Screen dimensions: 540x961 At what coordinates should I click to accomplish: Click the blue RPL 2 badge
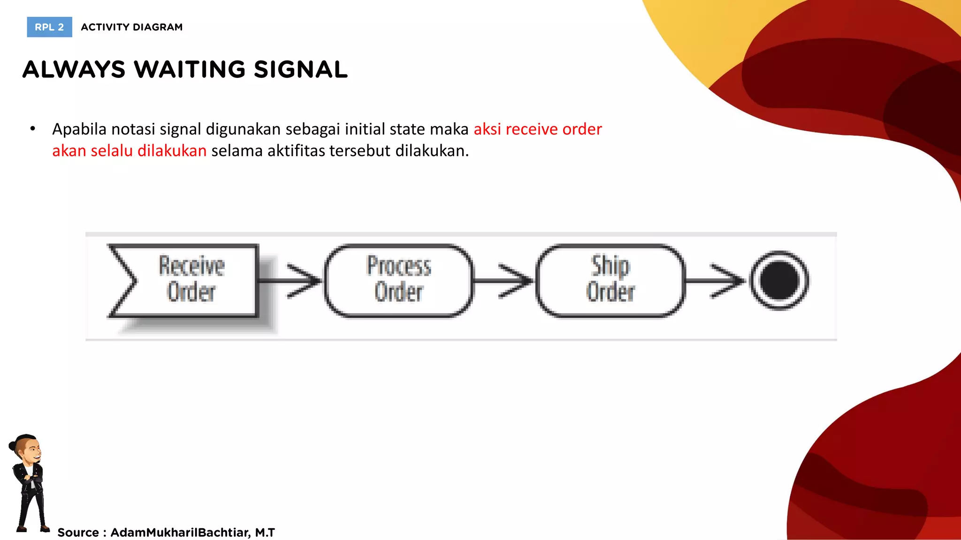point(49,27)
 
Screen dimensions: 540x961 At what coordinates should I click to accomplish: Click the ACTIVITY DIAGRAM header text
point(131,27)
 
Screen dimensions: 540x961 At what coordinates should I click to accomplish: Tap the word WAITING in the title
point(189,70)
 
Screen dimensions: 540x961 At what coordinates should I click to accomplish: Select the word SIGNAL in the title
point(300,70)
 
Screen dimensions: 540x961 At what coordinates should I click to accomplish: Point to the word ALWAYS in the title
point(74,70)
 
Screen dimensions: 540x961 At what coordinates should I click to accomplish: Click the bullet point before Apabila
point(32,129)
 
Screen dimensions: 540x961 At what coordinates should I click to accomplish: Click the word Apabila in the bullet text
point(79,129)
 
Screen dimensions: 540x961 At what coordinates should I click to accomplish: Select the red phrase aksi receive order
point(537,129)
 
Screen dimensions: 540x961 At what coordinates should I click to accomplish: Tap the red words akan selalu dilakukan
point(129,151)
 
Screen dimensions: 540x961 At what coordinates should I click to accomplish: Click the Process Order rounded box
point(399,280)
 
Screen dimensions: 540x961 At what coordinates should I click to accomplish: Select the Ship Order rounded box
point(610,280)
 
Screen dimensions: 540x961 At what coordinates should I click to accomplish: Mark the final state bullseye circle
point(779,280)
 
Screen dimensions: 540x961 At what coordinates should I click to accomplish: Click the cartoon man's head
point(27,448)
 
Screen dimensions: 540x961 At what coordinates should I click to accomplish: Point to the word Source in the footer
point(78,532)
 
